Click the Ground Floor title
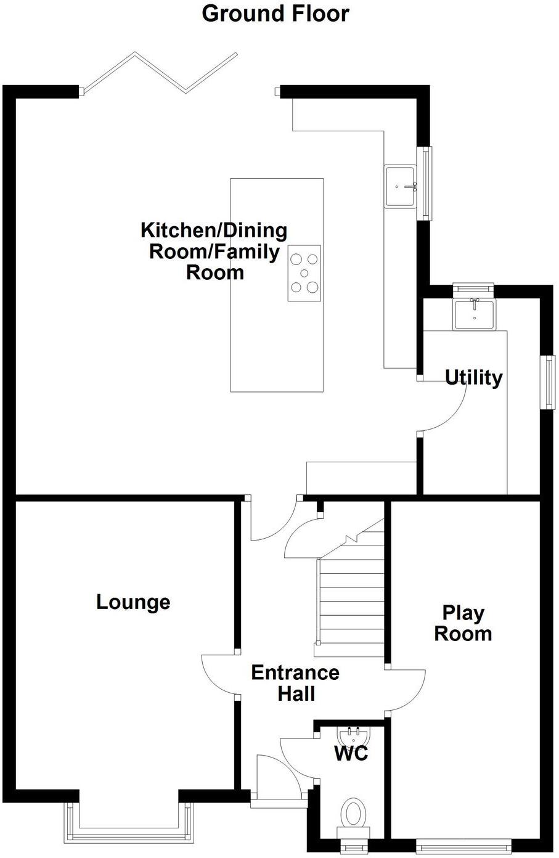tap(275, 14)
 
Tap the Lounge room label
tap(133, 602)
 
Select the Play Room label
tap(463, 623)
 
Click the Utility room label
tap(473, 377)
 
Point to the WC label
tap(351, 753)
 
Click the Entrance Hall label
tap(295, 683)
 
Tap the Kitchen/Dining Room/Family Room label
tap(214, 251)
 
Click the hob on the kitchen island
tap(304, 273)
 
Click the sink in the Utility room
tap(473, 314)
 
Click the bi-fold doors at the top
tap(159, 73)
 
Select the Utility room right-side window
tap(547, 382)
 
